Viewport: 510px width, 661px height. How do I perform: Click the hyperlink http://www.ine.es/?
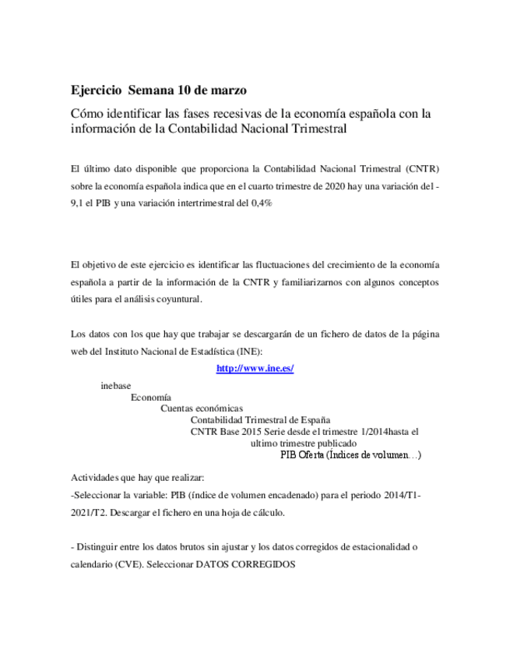tap(255, 369)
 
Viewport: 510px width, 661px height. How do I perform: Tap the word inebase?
tap(116, 386)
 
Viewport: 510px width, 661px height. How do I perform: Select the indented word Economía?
tap(151, 397)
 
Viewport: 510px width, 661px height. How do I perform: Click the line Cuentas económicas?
tap(202, 408)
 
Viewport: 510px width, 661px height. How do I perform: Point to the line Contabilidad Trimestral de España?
tap(260, 420)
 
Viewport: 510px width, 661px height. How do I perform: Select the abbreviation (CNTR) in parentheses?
tap(427, 168)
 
